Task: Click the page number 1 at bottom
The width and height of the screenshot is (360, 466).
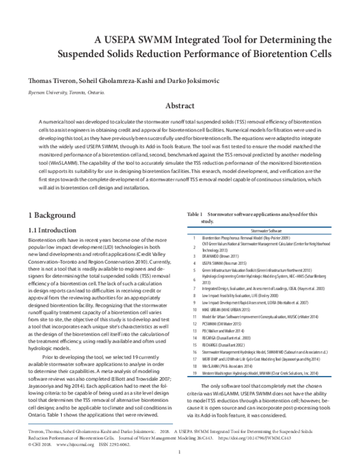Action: tap(180, 461)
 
